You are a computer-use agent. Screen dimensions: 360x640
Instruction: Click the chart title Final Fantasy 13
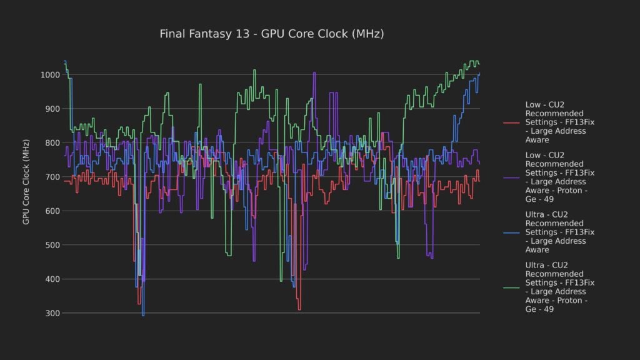pyautogui.click(x=272, y=34)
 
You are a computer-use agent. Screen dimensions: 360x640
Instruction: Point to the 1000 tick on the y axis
pyautogui.click(x=49, y=75)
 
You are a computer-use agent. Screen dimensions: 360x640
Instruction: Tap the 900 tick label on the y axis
pyautogui.click(x=52, y=109)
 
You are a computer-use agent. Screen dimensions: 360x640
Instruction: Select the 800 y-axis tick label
pyautogui.click(x=52, y=143)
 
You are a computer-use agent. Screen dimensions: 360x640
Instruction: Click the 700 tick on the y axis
pyautogui.click(x=52, y=177)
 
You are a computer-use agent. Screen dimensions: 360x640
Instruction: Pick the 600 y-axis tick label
pyautogui.click(x=52, y=211)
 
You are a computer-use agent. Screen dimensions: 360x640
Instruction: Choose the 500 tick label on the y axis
pyautogui.click(x=52, y=245)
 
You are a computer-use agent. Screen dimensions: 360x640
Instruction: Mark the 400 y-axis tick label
pyautogui.click(x=52, y=279)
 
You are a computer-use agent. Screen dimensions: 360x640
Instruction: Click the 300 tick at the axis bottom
pyautogui.click(x=52, y=313)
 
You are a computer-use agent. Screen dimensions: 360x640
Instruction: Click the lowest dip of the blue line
pyautogui.click(x=143, y=315)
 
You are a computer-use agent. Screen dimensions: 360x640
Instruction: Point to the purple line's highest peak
pyautogui.click(x=314, y=73)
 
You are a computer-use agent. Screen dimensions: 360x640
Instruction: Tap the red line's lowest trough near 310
pyautogui.click(x=299, y=309)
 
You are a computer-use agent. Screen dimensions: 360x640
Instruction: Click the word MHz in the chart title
pyautogui.click(x=368, y=34)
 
